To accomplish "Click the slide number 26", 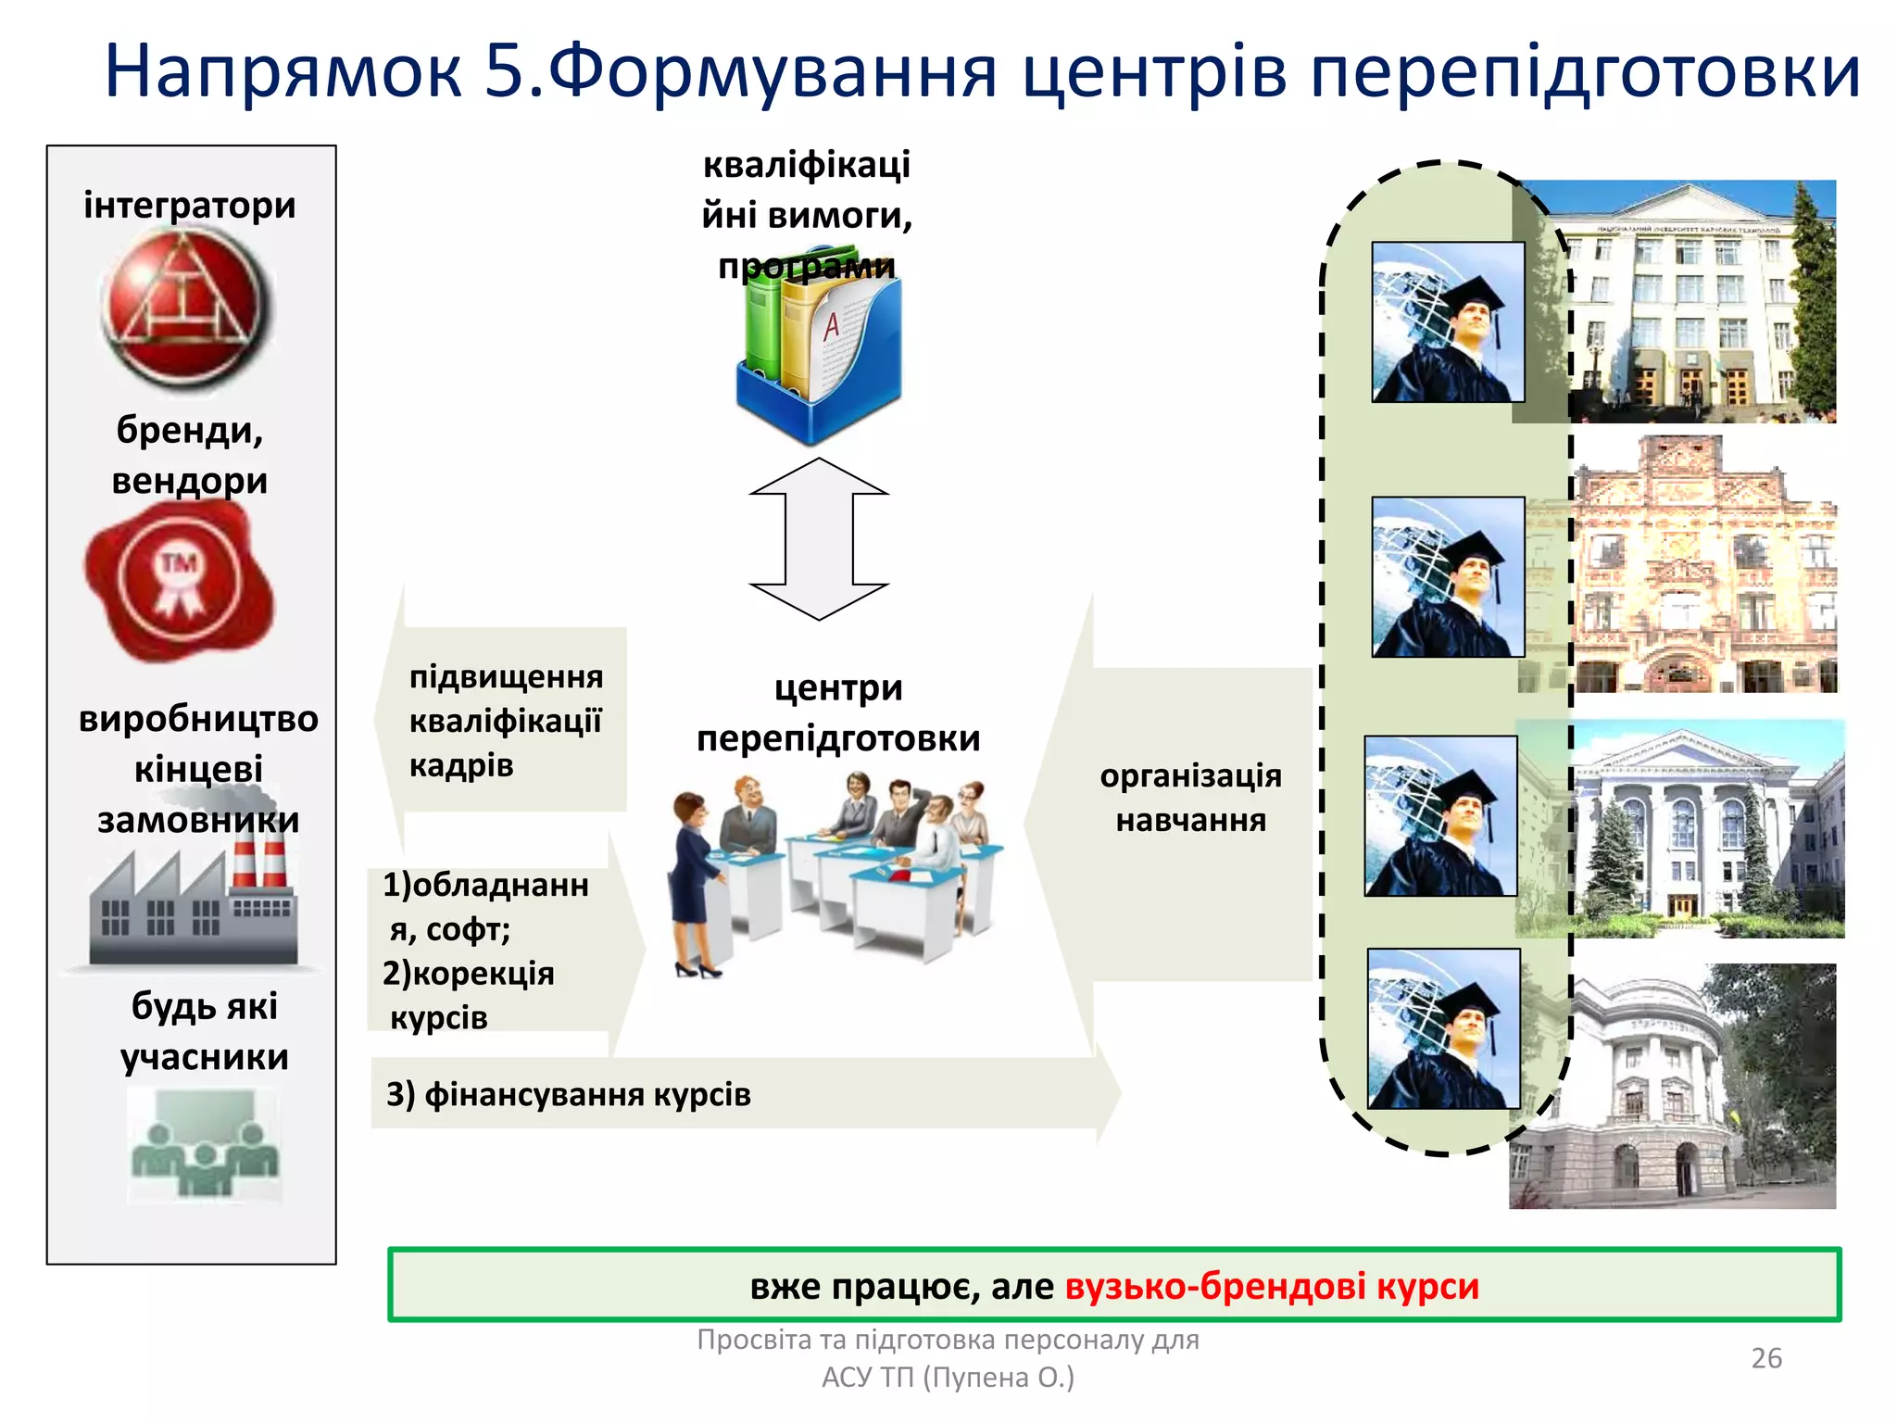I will click(x=1765, y=1358).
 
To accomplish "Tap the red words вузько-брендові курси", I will click(x=1272, y=1286).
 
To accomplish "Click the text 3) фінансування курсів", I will click(x=569, y=1095).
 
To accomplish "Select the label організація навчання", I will click(x=1190, y=798).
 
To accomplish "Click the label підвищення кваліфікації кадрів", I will click(x=506, y=721).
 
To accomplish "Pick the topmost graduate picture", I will click(x=1448, y=322).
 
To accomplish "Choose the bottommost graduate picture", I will click(x=1444, y=1028).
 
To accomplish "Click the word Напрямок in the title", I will click(x=283, y=72).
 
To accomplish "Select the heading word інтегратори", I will click(x=190, y=205).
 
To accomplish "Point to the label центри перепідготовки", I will click(x=837, y=713).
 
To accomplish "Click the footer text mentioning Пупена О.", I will click(x=948, y=1378).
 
